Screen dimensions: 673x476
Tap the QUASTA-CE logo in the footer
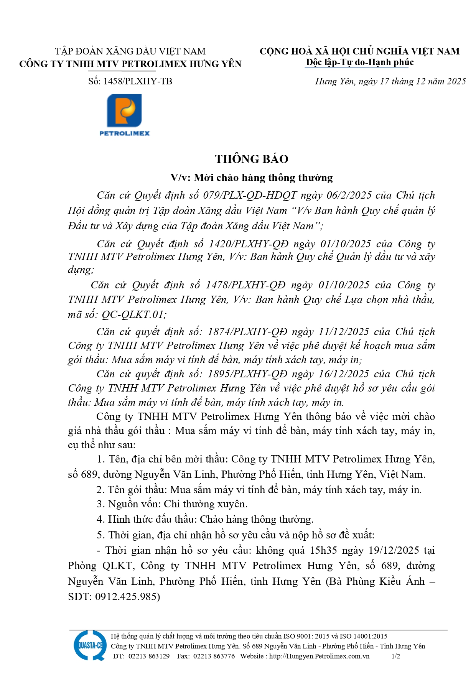[x=90, y=645]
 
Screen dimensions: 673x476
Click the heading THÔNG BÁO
[x=252, y=159]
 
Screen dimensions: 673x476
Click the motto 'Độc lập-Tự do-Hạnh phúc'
[x=359, y=62]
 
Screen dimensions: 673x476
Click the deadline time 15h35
[x=323, y=550]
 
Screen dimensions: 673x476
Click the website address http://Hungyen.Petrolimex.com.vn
[x=319, y=656]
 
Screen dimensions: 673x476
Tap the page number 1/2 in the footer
[x=395, y=656]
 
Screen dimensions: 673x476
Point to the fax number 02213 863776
[x=214, y=656]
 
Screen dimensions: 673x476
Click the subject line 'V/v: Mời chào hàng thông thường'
[x=252, y=178]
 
